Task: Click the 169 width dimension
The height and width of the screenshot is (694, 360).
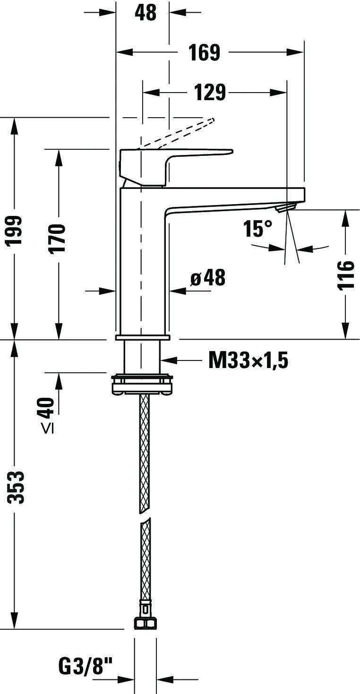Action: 205,52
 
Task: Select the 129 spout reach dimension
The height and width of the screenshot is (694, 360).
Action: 210,92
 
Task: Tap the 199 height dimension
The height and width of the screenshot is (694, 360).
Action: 15,230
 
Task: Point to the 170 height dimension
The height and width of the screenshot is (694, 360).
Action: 58,239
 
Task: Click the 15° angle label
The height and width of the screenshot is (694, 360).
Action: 257,229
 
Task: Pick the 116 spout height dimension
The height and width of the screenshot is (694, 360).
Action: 345,275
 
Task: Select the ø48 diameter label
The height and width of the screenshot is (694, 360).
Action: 208,277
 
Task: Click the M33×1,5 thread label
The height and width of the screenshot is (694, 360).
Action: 248,360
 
